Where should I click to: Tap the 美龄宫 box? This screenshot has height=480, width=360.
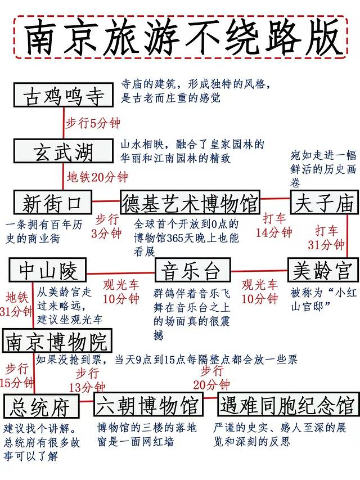click(x=322, y=271)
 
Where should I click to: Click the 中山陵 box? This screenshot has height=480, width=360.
click(x=47, y=271)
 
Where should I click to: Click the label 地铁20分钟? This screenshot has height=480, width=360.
click(x=98, y=177)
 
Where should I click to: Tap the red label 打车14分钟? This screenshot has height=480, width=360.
click(x=274, y=225)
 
